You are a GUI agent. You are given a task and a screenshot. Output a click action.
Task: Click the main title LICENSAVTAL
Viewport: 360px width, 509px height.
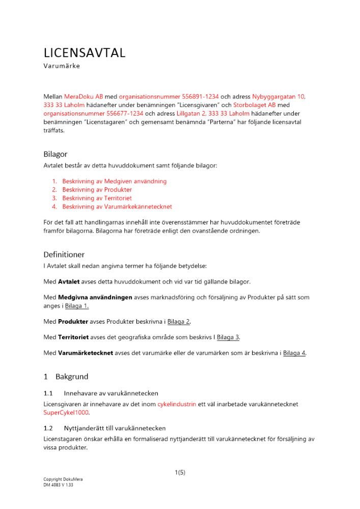(x=84, y=53)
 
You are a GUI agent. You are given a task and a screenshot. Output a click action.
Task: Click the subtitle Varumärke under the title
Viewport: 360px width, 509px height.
(x=62, y=66)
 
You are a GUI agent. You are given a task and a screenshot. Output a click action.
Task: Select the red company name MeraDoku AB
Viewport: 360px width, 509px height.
(x=84, y=96)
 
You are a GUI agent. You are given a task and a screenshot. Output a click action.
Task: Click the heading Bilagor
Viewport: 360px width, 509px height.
(x=55, y=154)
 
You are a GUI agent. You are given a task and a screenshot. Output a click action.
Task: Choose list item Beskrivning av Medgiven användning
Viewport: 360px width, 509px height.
(x=114, y=181)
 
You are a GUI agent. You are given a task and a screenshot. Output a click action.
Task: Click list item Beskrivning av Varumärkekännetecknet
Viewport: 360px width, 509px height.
(x=117, y=207)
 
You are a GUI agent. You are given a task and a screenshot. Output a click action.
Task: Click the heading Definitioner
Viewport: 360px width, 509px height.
(x=64, y=254)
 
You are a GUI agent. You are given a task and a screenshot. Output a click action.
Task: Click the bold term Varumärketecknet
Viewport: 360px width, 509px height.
(x=85, y=353)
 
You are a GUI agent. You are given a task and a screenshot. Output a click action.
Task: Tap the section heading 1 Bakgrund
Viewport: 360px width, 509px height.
(x=66, y=377)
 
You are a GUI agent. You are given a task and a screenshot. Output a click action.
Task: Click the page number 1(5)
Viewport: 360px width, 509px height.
(x=180, y=472)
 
